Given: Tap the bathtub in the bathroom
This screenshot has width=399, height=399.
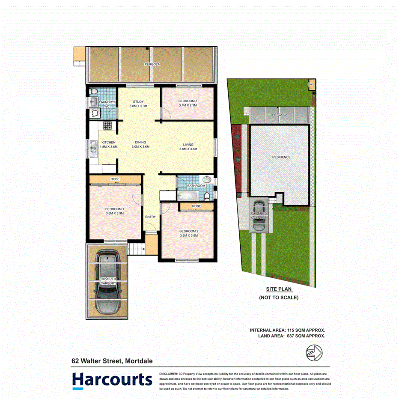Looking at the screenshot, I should pyautogui.click(x=187, y=196).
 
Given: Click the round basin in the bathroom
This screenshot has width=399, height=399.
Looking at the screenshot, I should pyautogui.click(x=207, y=179).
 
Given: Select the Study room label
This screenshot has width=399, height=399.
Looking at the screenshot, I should pyautogui.click(x=138, y=101).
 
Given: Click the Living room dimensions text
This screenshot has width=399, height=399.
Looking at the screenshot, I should pyautogui.click(x=188, y=149).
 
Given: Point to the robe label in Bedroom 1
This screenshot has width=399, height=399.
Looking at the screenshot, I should pyautogui.click(x=115, y=179).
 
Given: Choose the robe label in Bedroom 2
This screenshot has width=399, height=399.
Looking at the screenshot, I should pyautogui.click(x=197, y=206).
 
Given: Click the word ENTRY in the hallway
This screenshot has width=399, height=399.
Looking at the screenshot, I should pyautogui.click(x=150, y=217).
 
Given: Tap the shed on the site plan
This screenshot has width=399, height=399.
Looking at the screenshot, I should pyautogui.click(x=312, y=84).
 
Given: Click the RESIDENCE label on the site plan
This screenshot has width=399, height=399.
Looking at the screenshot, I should pyautogui.click(x=281, y=157).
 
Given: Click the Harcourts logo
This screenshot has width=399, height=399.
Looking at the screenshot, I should pyautogui.click(x=112, y=380).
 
